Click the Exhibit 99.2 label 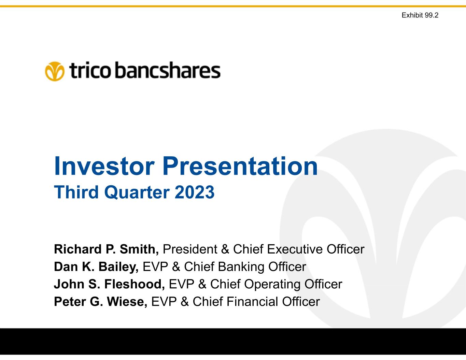coord(420,15)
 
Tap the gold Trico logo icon coord(55,71)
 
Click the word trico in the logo coord(90,70)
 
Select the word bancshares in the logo coord(168,70)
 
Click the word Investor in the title coord(104,166)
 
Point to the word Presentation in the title coord(240,166)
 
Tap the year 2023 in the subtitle coord(195,192)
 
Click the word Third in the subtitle coord(76,192)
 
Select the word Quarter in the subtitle coord(137,192)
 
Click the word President coord(190,249)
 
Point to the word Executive coord(295,249)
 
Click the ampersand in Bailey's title coord(176,267)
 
